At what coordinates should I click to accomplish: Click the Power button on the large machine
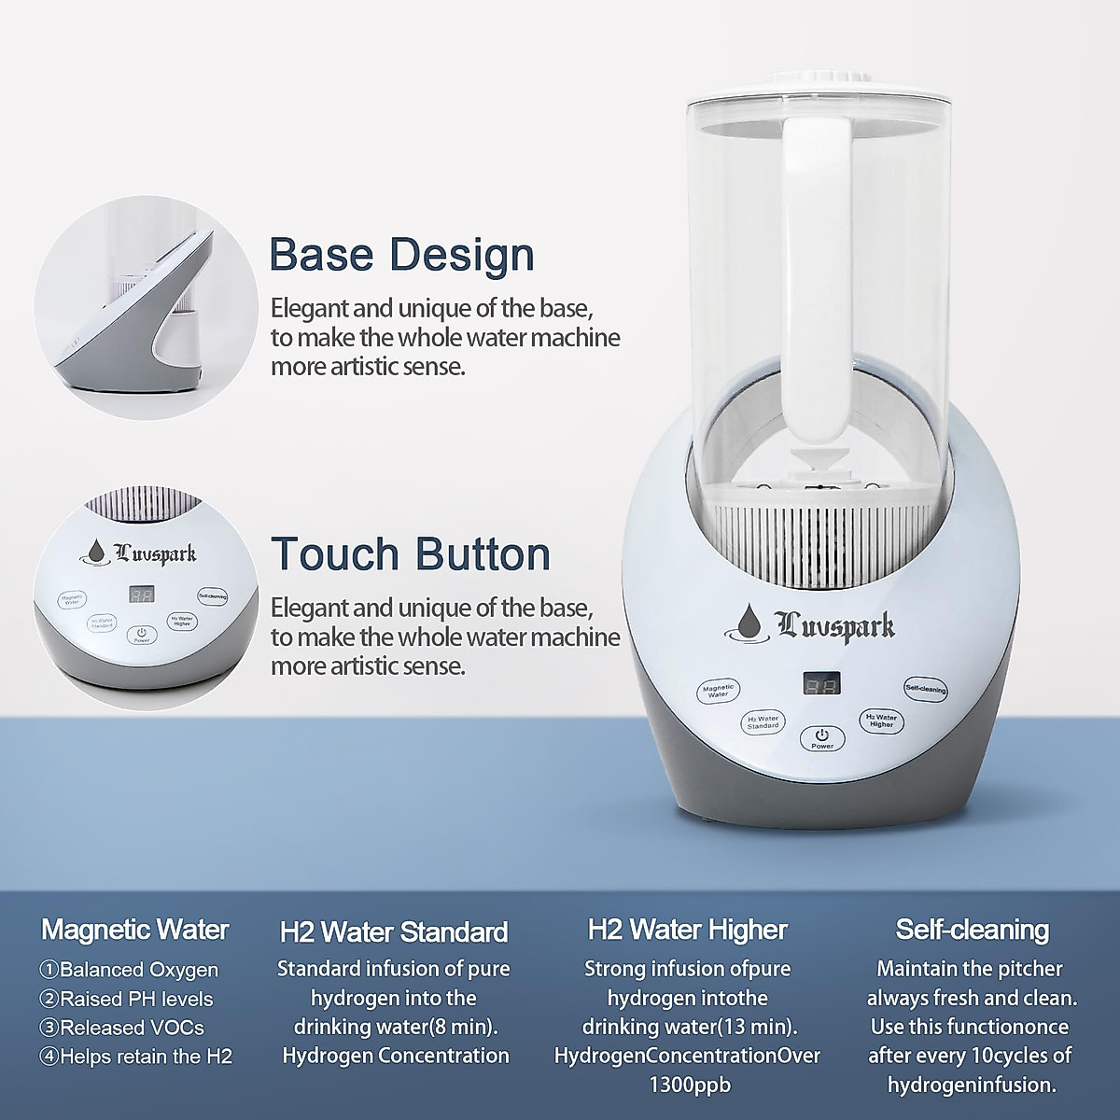tap(822, 737)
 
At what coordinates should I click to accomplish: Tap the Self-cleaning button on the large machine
tap(925, 689)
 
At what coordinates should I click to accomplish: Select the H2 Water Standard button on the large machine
tap(763, 721)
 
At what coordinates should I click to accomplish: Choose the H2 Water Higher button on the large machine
tap(881, 720)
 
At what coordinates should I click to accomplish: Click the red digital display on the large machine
tap(821, 684)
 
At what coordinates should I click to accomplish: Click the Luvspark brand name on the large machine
tap(836, 625)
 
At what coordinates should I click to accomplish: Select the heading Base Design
tap(401, 255)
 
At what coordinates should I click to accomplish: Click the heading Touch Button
tap(411, 553)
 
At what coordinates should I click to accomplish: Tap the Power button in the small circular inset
tap(142, 636)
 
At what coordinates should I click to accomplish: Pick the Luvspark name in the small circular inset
tap(155, 553)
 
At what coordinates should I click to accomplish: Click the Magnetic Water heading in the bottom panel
tap(135, 930)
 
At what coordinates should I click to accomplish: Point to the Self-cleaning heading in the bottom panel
tap(972, 930)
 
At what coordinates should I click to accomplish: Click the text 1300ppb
tap(690, 1085)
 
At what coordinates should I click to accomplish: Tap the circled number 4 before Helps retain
tap(49, 1057)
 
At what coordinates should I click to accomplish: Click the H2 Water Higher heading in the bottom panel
tap(688, 930)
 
